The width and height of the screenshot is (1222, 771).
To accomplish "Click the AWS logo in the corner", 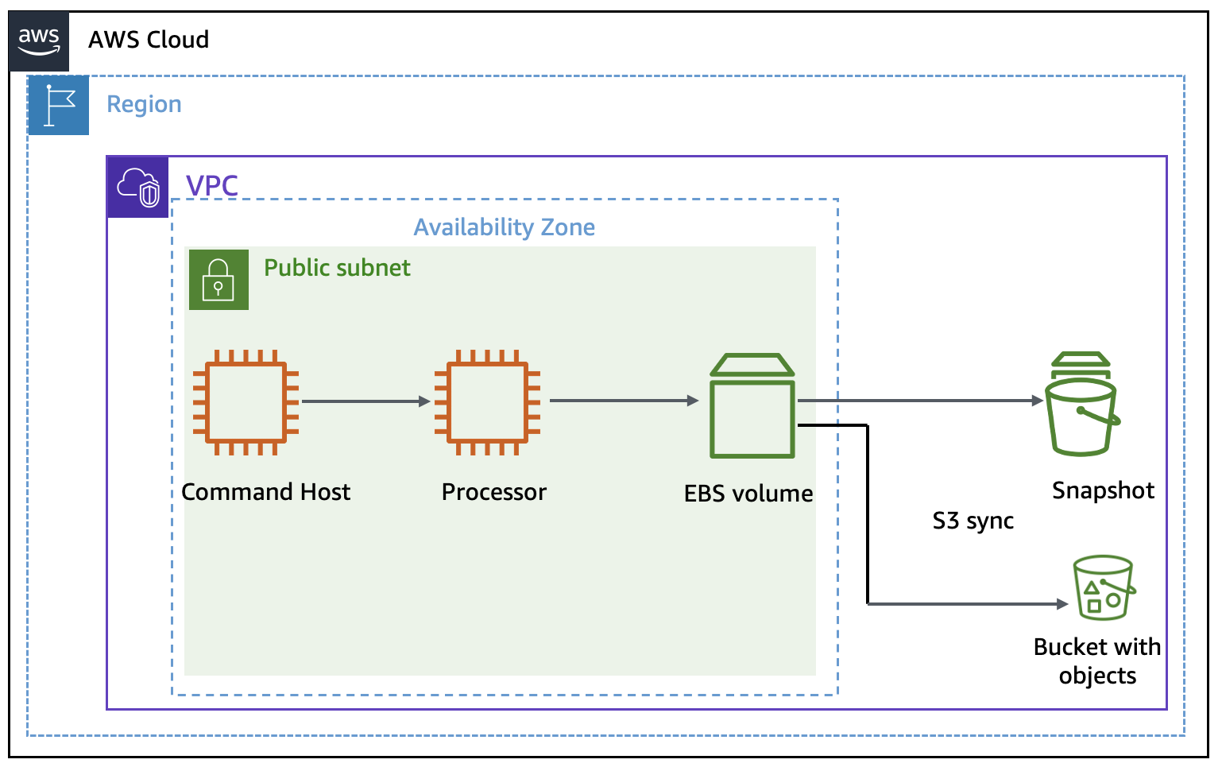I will [x=39, y=41].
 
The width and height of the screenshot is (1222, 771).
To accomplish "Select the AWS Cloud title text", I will [x=149, y=40].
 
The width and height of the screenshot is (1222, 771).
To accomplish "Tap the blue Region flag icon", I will [x=59, y=106].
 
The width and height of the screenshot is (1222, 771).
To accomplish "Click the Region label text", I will [x=144, y=104].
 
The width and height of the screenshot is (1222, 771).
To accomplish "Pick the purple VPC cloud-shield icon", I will [x=138, y=188].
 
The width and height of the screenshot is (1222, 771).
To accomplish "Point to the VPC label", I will [x=211, y=185].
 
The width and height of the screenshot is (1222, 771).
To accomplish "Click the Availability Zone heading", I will [x=504, y=227].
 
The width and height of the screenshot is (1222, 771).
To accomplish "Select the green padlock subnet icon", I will [x=218, y=280].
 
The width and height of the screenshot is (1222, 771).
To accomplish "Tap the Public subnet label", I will [x=337, y=268].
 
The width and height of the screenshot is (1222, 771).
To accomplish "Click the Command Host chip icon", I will [x=246, y=402].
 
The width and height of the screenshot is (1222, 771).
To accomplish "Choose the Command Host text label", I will [x=265, y=492].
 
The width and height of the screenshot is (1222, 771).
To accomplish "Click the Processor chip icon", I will [x=487, y=402].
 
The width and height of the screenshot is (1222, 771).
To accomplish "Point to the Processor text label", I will [x=493, y=492].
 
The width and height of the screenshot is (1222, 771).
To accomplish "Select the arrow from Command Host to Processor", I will [x=365, y=401].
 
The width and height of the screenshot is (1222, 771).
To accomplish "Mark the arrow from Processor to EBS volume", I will [x=623, y=401].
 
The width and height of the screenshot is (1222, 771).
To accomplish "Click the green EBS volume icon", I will [x=752, y=407].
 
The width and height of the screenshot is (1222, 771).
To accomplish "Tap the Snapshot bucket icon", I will [x=1081, y=405].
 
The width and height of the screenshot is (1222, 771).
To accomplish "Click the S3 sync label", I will [x=973, y=521].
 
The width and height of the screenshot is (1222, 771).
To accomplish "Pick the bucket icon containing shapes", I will [x=1104, y=588].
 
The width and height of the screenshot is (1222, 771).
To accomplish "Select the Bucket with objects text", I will [x=1096, y=661].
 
